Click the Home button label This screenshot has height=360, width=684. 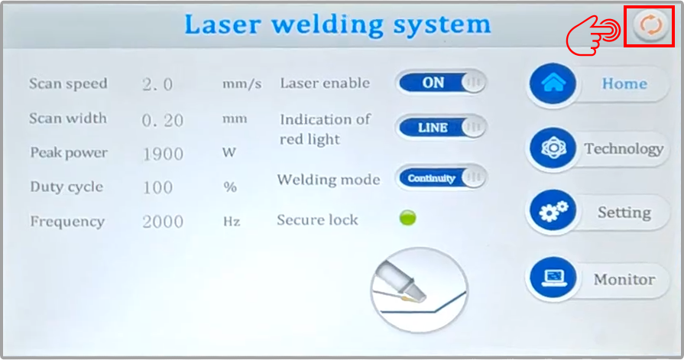(x=624, y=84)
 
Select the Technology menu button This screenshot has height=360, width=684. (x=597, y=149)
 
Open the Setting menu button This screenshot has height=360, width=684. (x=596, y=213)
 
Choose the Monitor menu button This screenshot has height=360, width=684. (x=596, y=279)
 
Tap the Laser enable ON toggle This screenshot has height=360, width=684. (x=441, y=83)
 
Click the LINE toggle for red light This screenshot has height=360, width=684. (x=441, y=128)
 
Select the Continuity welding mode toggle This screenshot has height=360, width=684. (x=441, y=179)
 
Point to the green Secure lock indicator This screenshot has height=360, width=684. (x=408, y=219)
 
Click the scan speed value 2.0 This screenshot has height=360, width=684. (x=158, y=84)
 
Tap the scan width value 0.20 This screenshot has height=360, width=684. (x=162, y=119)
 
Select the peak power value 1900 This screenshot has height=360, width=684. (x=163, y=154)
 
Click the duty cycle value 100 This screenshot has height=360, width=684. (x=157, y=187)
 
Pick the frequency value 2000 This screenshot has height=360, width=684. (x=163, y=222)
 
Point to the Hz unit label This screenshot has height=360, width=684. (x=232, y=222)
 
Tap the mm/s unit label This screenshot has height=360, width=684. (x=242, y=84)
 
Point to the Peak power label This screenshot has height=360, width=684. (x=69, y=153)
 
